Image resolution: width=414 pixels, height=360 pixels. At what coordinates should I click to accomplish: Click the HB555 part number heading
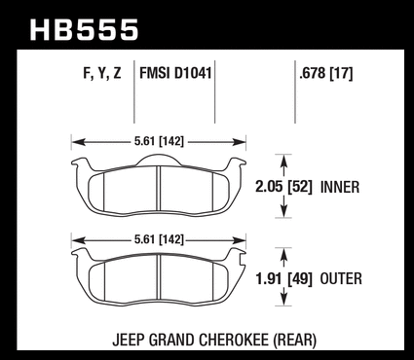pyautogui.click(x=84, y=30)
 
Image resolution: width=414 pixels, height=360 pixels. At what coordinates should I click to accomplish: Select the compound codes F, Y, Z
pyautogui.click(x=102, y=73)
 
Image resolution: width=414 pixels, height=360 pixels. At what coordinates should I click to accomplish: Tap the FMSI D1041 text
pyautogui.click(x=175, y=73)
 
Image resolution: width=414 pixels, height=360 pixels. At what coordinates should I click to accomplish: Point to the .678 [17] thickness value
pyautogui.click(x=326, y=73)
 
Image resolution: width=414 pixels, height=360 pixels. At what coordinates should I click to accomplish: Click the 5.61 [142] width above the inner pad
pyautogui.click(x=159, y=141)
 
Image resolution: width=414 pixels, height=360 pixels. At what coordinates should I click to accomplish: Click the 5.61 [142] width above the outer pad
pyautogui.click(x=159, y=239)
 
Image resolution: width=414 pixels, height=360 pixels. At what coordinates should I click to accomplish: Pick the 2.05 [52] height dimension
pyautogui.click(x=283, y=187)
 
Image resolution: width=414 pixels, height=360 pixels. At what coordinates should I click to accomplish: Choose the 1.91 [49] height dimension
pyautogui.click(x=283, y=279)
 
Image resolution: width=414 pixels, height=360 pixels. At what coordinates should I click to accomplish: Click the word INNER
pyautogui.click(x=340, y=188)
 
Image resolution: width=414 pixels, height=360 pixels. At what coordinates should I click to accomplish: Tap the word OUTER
pyautogui.click(x=341, y=279)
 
